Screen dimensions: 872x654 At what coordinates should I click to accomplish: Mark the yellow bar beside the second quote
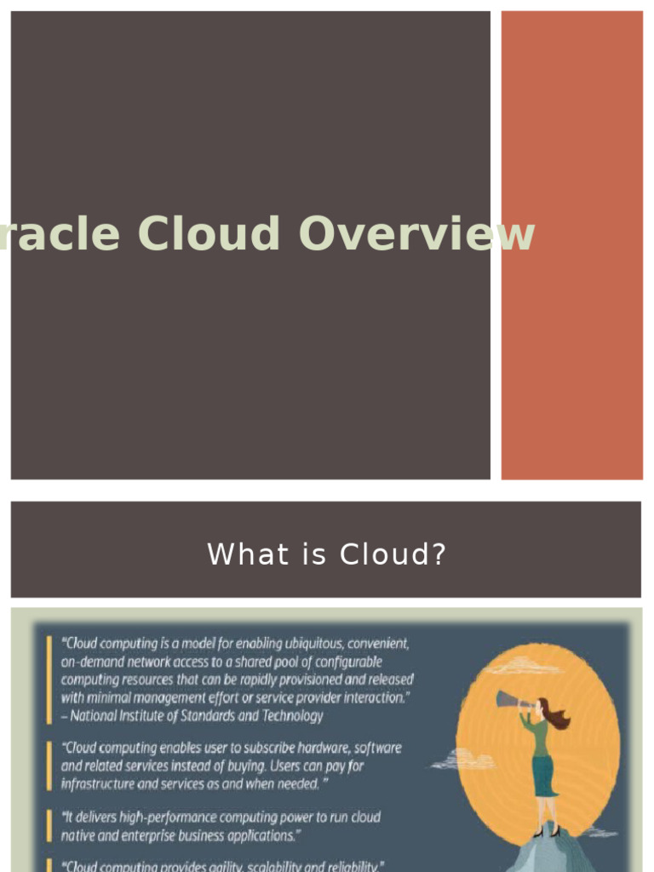pos(49,765)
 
